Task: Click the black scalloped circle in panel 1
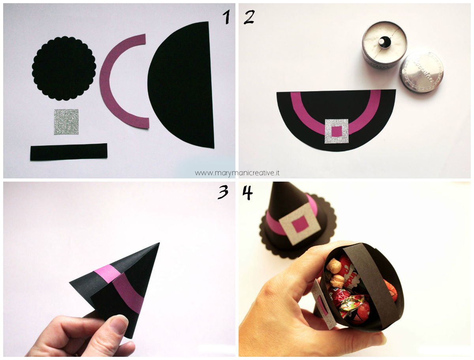pos(64,68)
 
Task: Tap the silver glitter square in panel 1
pos(66,122)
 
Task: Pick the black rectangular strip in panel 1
pos(69,152)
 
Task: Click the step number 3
pos(223,192)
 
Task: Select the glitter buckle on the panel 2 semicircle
pos(337,131)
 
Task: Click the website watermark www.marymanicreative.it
pos(237,173)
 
